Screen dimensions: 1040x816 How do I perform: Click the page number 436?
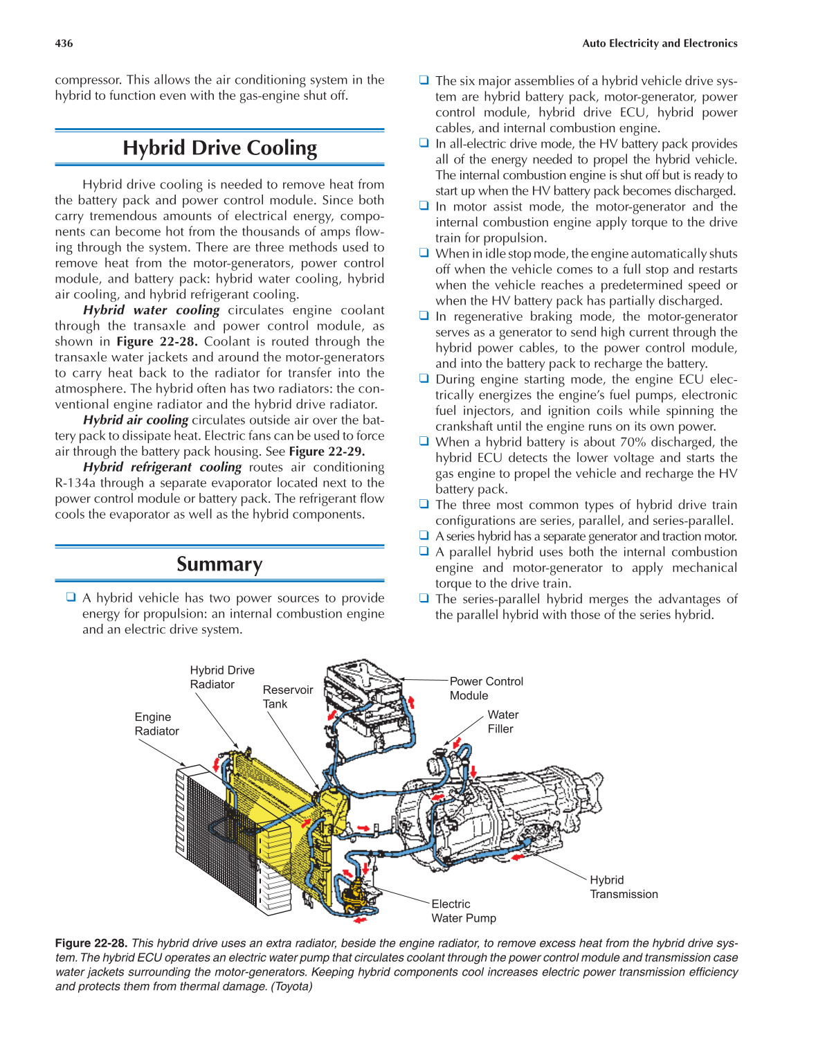tap(64, 44)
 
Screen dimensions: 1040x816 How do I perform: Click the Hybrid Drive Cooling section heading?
tap(219, 148)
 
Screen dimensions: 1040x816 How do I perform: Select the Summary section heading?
tap(219, 564)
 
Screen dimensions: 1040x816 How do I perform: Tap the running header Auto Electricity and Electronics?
tap(659, 44)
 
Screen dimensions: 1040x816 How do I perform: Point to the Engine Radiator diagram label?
tap(156, 724)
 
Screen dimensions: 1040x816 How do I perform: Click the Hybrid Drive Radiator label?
tap(221, 677)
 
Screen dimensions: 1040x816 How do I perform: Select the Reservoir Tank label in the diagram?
tap(287, 697)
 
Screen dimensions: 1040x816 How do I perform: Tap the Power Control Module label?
tap(486, 688)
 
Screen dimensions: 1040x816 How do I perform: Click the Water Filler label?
tap(502, 721)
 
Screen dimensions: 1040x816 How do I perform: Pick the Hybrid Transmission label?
tap(623, 887)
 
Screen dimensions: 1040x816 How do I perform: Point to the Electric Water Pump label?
tap(463, 911)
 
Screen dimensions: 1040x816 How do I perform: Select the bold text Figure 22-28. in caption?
tap(91, 943)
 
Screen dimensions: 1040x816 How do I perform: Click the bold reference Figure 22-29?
tap(327, 451)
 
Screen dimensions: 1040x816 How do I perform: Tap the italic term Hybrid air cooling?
tap(136, 420)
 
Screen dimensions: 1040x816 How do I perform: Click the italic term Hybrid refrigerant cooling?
tap(162, 467)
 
